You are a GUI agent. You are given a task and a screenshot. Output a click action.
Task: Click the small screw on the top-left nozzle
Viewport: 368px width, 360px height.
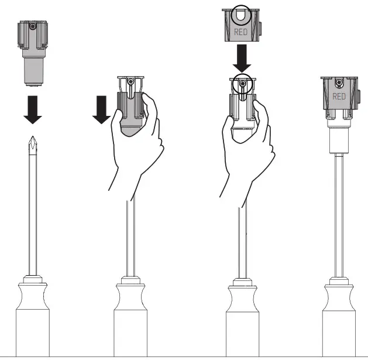click(x=33, y=27)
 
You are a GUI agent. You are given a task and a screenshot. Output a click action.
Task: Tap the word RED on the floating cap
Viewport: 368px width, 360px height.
click(x=240, y=32)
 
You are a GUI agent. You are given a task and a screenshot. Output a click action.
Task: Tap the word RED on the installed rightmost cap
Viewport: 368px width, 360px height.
click(x=339, y=96)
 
